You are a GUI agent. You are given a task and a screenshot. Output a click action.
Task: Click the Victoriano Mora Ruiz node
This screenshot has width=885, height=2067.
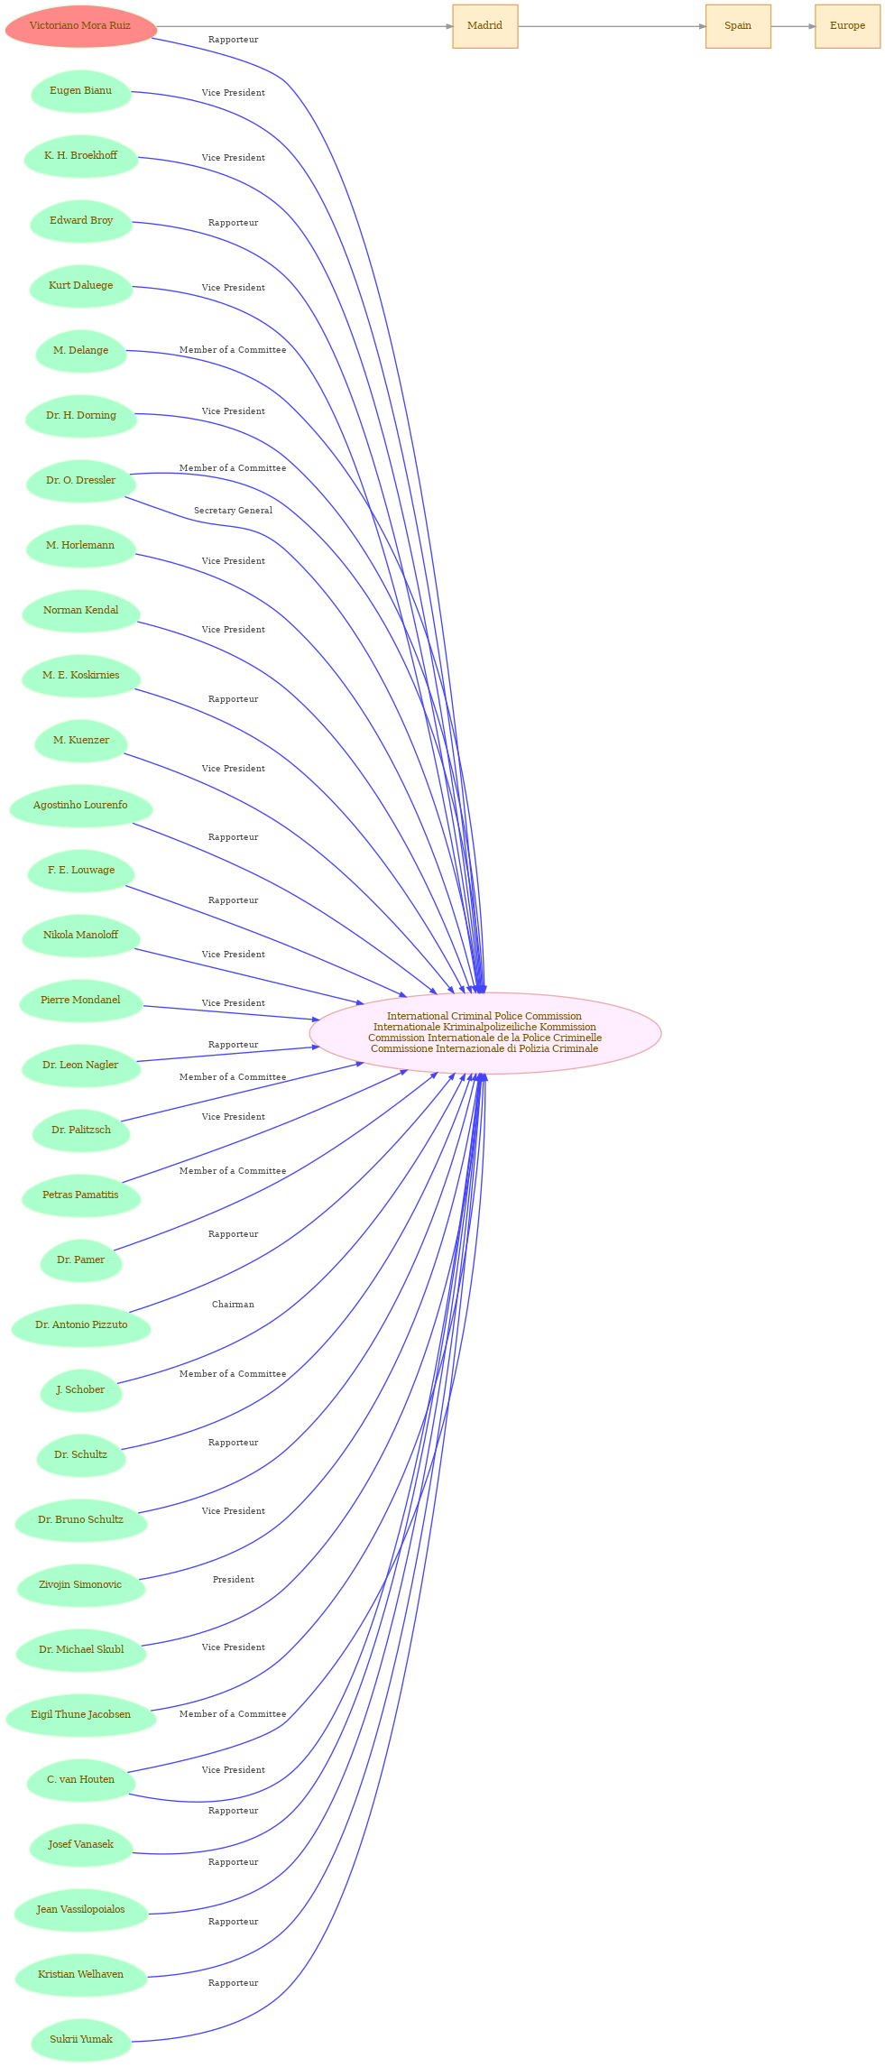pyautogui.click(x=80, y=26)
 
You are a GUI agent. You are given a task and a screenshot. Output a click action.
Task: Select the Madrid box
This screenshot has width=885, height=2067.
pyautogui.click(x=485, y=26)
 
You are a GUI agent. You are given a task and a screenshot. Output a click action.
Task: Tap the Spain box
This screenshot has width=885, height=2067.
pyautogui.click(x=738, y=26)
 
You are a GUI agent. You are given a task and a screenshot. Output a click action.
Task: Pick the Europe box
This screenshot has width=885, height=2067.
pyautogui.click(x=847, y=26)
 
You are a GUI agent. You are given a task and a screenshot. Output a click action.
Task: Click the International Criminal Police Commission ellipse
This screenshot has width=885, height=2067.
pyautogui.click(x=485, y=1033)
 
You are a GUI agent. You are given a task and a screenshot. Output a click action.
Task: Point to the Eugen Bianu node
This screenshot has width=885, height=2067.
pyautogui.click(x=81, y=91)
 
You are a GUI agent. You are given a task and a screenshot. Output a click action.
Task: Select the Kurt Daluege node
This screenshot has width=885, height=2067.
pyautogui.click(x=81, y=286)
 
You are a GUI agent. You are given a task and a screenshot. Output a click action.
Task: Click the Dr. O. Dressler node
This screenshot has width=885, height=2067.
pyautogui.click(x=81, y=481)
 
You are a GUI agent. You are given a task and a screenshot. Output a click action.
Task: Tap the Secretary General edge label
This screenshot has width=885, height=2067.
pyautogui.click(x=233, y=511)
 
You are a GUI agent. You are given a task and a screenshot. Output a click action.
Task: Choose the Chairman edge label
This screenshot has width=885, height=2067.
pyautogui.click(x=233, y=1305)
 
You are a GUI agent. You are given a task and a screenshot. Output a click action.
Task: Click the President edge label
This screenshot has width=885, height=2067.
pyautogui.click(x=233, y=1580)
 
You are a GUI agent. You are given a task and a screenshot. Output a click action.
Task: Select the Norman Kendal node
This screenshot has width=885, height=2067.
pyautogui.click(x=81, y=611)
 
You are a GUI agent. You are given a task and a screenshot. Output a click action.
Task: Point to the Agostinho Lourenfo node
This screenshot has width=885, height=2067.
pyautogui.click(x=81, y=806)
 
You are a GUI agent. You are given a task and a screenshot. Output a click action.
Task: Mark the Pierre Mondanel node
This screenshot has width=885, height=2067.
pyautogui.click(x=81, y=1001)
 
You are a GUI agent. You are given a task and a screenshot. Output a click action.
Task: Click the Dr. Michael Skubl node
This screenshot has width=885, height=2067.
pyautogui.click(x=81, y=1650)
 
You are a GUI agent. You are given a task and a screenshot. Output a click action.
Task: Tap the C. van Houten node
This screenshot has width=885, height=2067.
pyautogui.click(x=81, y=1780)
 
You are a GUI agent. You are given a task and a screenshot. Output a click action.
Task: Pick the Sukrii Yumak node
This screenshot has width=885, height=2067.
pyautogui.click(x=81, y=2040)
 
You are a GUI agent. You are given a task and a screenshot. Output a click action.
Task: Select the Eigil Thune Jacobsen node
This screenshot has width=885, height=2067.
pyautogui.click(x=81, y=1715)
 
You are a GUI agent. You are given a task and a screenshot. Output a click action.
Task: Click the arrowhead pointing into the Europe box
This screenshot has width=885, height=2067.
pyautogui.click(x=811, y=26)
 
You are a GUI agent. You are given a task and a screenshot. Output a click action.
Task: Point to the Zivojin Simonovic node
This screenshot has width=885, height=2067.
pyautogui.click(x=81, y=1585)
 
